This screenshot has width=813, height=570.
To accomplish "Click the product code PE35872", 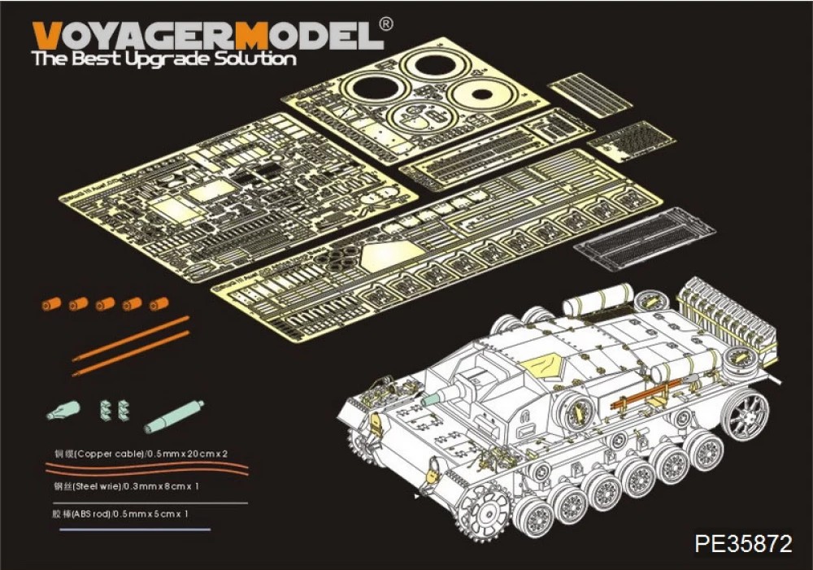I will tap(743, 543).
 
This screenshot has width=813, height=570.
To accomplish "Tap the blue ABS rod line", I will tap(134, 529).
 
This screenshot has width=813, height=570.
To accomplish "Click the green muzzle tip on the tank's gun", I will tap(430, 398).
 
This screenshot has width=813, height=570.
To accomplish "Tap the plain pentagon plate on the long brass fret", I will tap(381, 257).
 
